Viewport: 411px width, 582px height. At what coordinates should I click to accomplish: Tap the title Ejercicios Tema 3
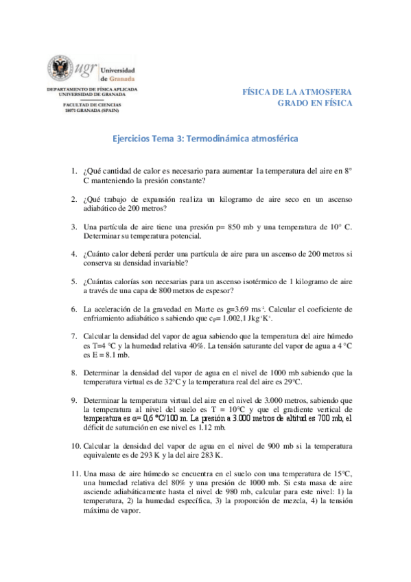point(205,138)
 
